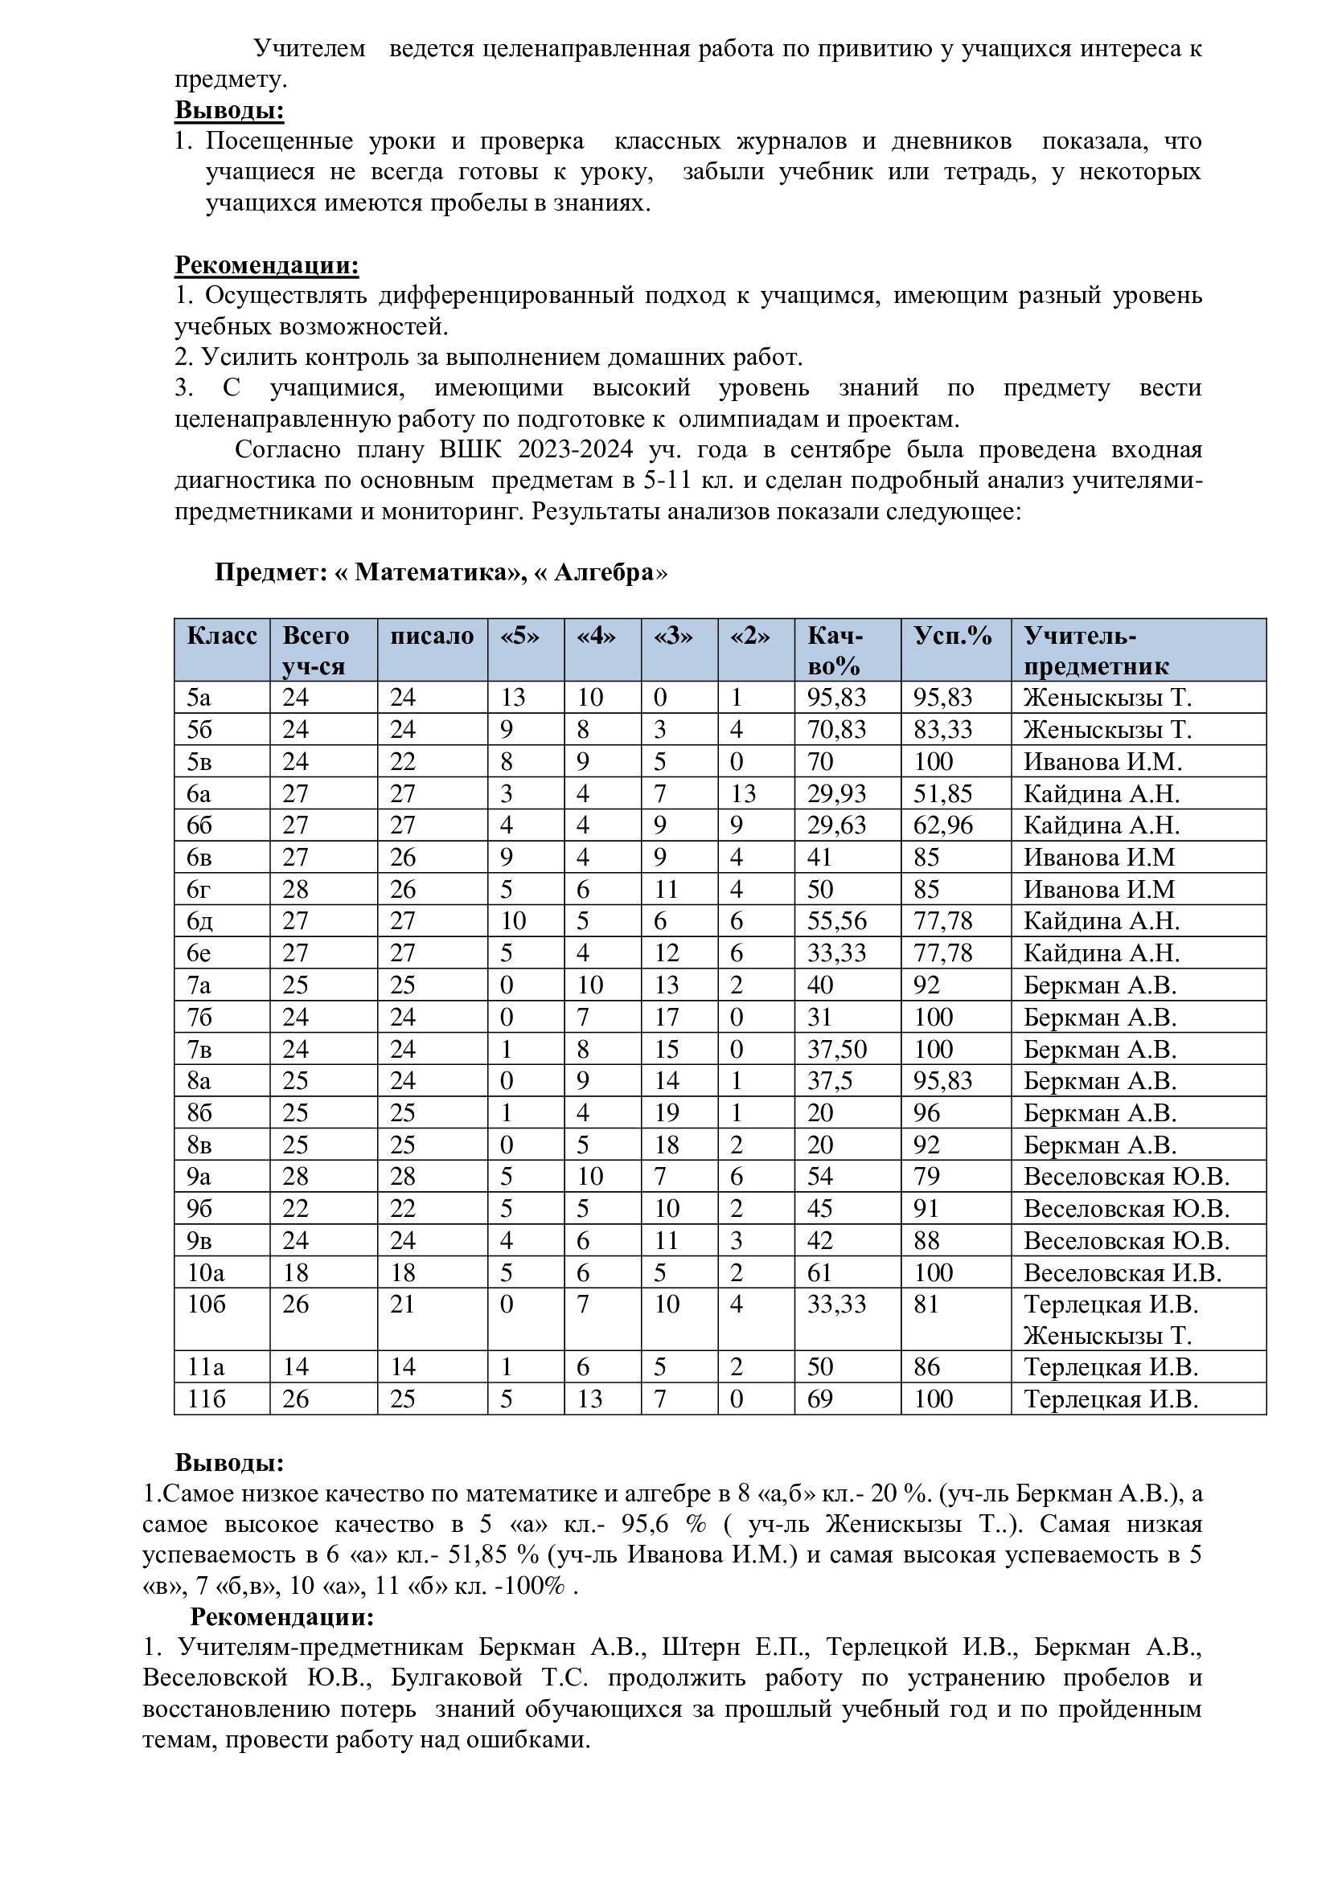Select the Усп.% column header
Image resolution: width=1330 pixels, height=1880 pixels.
coord(952,637)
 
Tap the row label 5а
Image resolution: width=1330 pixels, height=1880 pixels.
coord(199,698)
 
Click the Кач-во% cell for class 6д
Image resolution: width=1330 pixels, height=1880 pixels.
coord(837,921)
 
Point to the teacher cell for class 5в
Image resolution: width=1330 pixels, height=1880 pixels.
coord(1102,761)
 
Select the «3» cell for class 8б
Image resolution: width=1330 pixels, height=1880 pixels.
coord(667,1112)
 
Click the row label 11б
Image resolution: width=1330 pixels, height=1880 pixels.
coord(206,1399)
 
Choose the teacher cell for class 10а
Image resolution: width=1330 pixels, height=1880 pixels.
coord(1122,1272)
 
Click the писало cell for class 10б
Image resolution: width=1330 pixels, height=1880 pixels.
coord(403,1305)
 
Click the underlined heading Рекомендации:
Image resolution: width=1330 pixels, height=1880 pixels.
coord(267,265)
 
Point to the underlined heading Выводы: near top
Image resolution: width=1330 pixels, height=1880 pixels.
coord(229,110)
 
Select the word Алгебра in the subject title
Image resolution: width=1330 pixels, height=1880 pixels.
coord(605,572)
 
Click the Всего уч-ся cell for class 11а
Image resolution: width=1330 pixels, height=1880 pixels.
coord(296,1367)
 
